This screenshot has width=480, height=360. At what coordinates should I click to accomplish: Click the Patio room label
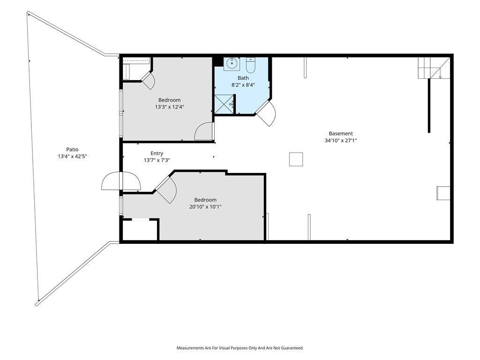click(x=72, y=150)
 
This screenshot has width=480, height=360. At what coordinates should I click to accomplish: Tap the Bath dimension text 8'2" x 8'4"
click(x=243, y=85)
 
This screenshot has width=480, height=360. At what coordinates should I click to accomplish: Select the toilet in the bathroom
click(x=250, y=65)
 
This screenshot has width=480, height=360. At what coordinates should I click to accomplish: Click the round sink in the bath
click(x=232, y=64)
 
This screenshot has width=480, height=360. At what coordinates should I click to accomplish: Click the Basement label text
click(x=341, y=134)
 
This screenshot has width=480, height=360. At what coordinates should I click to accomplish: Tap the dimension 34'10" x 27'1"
click(x=341, y=141)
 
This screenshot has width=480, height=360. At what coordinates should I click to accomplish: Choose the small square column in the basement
click(x=296, y=159)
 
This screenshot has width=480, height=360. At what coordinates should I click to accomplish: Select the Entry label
click(x=157, y=153)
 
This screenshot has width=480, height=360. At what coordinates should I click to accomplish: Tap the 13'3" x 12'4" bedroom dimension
click(x=169, y=107)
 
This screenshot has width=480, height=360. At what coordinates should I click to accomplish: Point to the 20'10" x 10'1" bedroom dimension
click(x=205, y=207)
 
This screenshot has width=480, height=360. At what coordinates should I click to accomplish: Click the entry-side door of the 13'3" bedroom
click(x=204, y=131)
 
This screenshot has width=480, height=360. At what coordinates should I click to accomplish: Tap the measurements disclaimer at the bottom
click(x=240, y=348)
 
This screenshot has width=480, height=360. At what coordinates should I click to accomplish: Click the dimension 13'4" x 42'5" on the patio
click(x=72, y=157)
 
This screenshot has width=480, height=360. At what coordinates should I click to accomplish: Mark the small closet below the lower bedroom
click(x=140, y=230)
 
